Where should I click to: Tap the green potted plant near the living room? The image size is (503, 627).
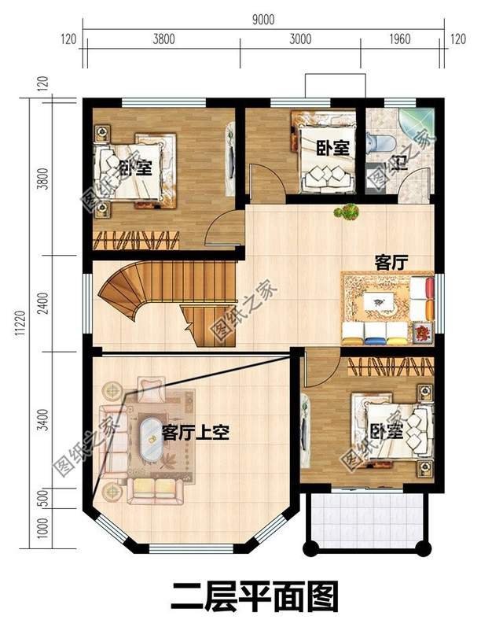[346, 212]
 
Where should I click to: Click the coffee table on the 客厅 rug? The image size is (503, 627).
[378, 301]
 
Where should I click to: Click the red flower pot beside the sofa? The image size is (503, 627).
[424, 332]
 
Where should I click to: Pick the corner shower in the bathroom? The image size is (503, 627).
[416, 126]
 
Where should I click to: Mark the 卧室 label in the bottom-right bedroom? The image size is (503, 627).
[386, 432]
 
